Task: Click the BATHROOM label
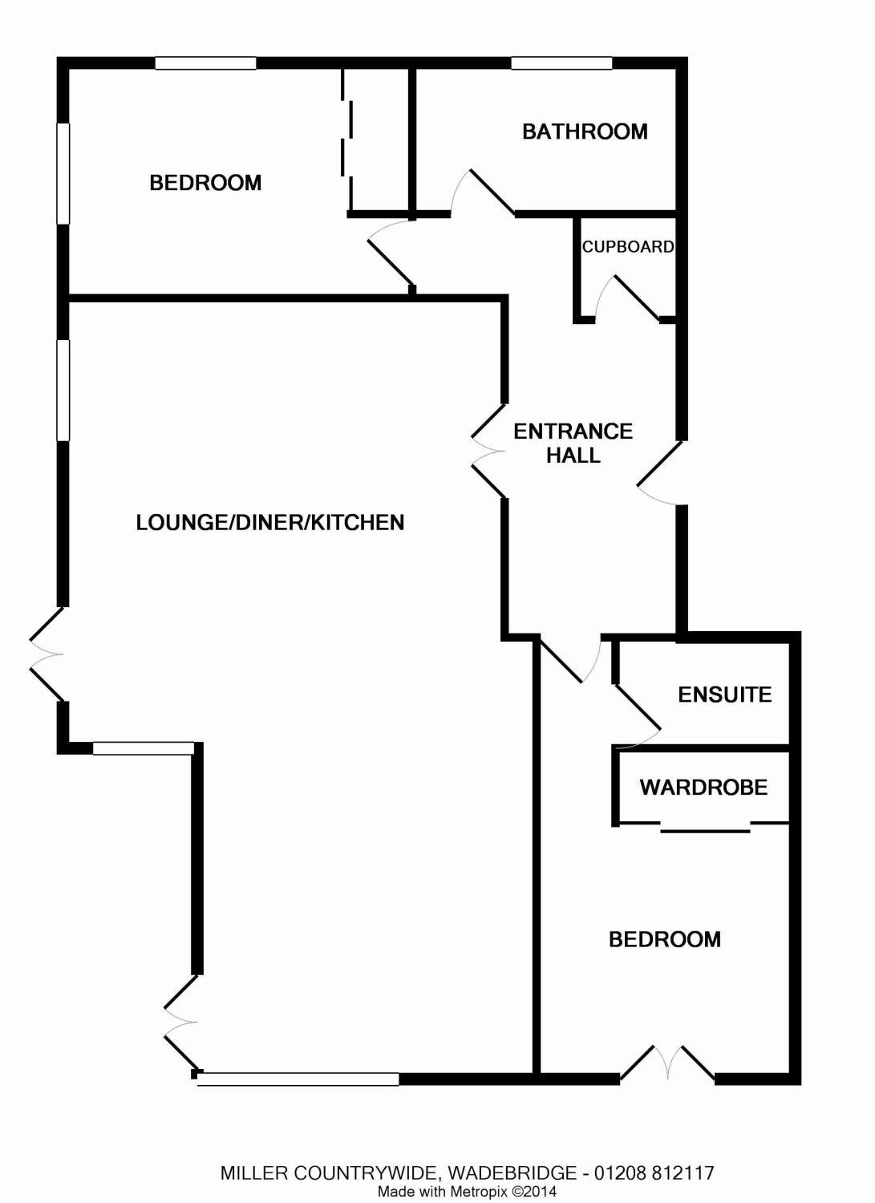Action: pos(585,132)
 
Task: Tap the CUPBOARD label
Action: pos(628,247)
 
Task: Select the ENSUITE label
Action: pos(724,695)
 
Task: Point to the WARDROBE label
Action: pos(703,788)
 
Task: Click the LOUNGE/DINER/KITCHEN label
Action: pos(270,523)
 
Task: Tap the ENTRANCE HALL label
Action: pos(573,444)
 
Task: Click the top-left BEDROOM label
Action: pos(205,183)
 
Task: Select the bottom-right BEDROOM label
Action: pos(664,939)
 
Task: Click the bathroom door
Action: pos(490,192)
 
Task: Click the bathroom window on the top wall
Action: pos(561,63)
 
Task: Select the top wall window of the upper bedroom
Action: pos(205,63)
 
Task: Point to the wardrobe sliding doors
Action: pos(705,827)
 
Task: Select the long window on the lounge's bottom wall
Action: pos(298,1079)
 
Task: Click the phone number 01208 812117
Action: pos(653,1173)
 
